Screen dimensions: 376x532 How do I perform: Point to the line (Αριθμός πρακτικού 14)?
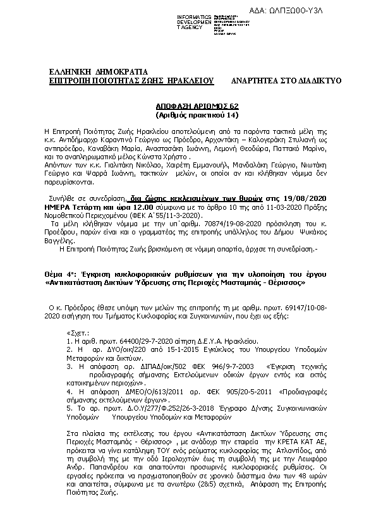[188, 116]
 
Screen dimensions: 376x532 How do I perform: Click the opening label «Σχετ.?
[78, 331]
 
